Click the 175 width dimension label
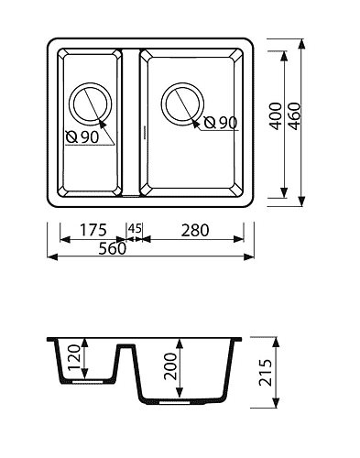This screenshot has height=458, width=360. click(93, 230)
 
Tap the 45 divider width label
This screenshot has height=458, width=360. click(135, 228)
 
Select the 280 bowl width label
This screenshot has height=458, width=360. click(195, 230)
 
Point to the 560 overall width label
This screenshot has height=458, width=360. click(112, 248)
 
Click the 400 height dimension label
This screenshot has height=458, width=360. click(276, 116)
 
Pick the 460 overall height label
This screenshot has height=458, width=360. click(295, 116)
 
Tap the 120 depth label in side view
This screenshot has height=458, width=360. click(73, 357)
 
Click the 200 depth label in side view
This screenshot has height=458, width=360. click(170, 366)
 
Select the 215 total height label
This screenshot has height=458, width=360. click(265, 373)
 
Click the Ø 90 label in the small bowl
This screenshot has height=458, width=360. click(82, 137)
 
